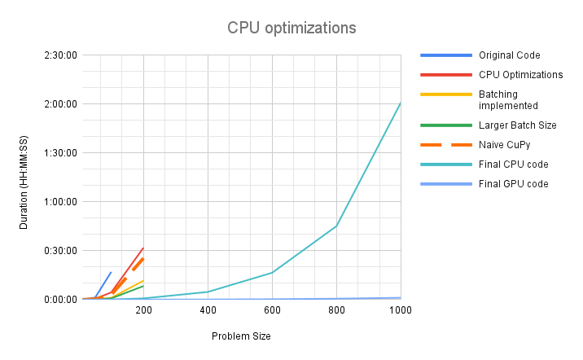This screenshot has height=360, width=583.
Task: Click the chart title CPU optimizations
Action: tap(291, 28)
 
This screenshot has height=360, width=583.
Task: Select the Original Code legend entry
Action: tap(509, 55)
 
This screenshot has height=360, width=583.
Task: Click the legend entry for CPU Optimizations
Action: tap(520, 74)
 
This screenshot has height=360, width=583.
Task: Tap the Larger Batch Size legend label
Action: tap(517, 125)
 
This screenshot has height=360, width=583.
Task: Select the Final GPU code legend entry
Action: tap(513, 183)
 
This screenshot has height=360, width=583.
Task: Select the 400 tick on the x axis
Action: tap(208, 311)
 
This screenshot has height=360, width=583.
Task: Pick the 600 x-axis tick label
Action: tap(272, 311)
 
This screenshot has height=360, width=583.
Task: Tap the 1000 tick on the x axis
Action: tap(400, 311)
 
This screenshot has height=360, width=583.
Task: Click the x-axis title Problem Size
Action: tap(241, 336)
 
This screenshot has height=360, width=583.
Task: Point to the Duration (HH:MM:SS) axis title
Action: tap(24, 177)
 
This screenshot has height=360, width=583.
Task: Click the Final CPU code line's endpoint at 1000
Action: tap(400, 103)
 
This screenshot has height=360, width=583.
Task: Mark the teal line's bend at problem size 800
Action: tap(336, 226)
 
